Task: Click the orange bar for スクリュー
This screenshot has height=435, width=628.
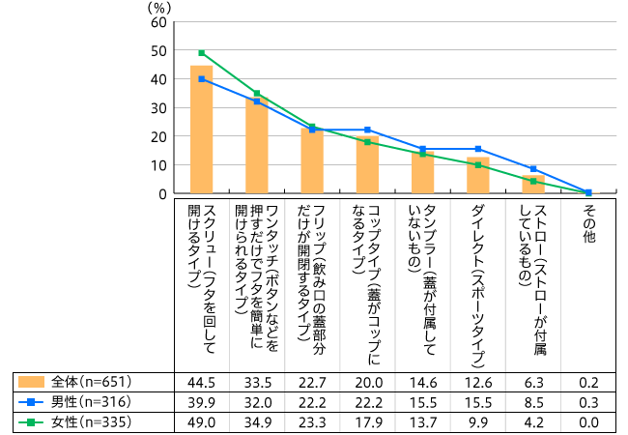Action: [x=201, y=130]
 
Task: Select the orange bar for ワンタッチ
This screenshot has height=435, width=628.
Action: [x=256, y=145]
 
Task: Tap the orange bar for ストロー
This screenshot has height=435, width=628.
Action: [x=533, y=185]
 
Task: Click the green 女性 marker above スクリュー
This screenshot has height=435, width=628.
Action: [x=201, y=53]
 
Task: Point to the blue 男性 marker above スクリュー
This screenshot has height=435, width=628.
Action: [x=201, y=79]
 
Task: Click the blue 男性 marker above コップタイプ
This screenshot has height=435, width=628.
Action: [x=367, y=130]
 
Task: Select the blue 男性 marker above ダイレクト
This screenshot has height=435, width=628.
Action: [x=478, y=149]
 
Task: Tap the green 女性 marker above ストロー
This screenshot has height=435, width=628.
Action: [x=533, y=181]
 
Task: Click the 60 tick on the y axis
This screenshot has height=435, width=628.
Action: [x=159, y=21]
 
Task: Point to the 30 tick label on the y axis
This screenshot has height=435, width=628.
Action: [x=159, y=107]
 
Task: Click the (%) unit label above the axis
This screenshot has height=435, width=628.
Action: [x=158, y=7]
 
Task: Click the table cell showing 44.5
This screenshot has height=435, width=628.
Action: [x=201, y=381]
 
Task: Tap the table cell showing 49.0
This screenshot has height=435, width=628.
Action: [x=201, y=421]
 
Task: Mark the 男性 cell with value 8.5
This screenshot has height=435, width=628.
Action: [x=533, y=401]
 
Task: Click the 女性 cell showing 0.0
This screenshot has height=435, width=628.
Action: [x=588, y=421]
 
